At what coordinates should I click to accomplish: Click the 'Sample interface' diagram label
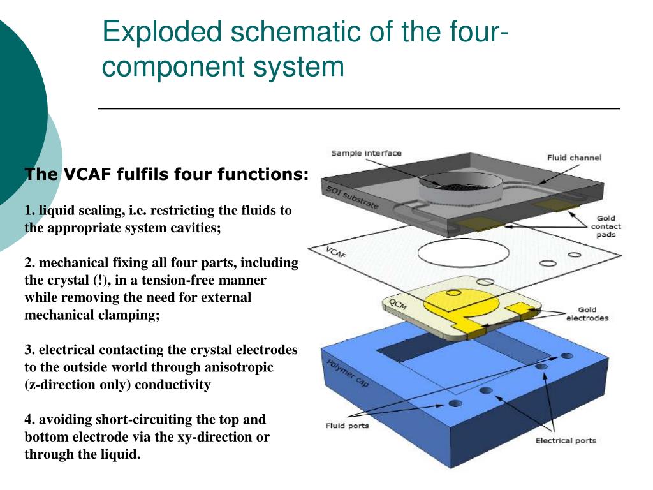coord(366,153)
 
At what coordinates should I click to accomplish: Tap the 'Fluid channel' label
coord(574,158)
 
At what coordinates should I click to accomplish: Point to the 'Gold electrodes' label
coord(587,314)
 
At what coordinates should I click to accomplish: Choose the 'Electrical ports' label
coord(565,440)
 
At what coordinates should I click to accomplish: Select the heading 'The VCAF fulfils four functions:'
coord(166,174)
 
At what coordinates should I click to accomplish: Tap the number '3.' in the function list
coord(30,350)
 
